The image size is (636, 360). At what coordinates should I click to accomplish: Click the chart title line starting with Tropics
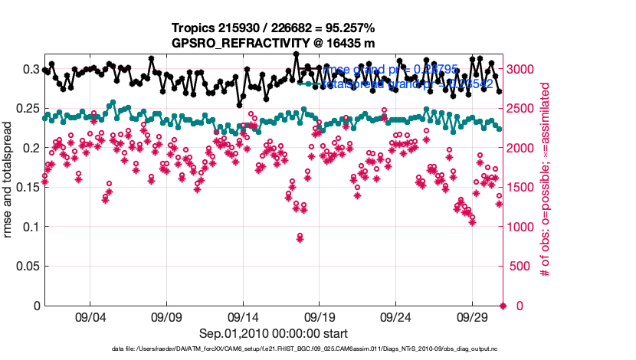click(x=274, y=28)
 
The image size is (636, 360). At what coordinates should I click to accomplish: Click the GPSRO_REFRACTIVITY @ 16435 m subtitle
click(x=274, y=42)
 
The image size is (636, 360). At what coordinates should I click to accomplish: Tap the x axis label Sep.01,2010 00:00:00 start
click(x=274, y=333)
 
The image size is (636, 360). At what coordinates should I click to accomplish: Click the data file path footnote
click(x=273, y=349)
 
